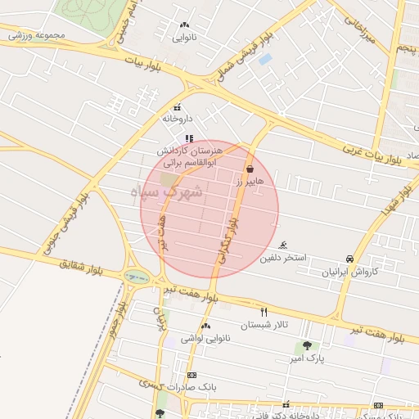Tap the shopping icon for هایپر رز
tap(249, 169)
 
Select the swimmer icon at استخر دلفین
tap(283, 246)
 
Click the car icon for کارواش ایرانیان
tap(351, 259)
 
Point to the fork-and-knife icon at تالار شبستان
tap(264, 312)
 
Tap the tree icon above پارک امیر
tap(307, 346)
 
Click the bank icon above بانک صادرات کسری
tap(191, 374)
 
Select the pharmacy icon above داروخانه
tap(177, 107)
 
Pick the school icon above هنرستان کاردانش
tap(189, 138)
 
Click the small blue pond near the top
tap(265, 59)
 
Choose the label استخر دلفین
tap(283, 259)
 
